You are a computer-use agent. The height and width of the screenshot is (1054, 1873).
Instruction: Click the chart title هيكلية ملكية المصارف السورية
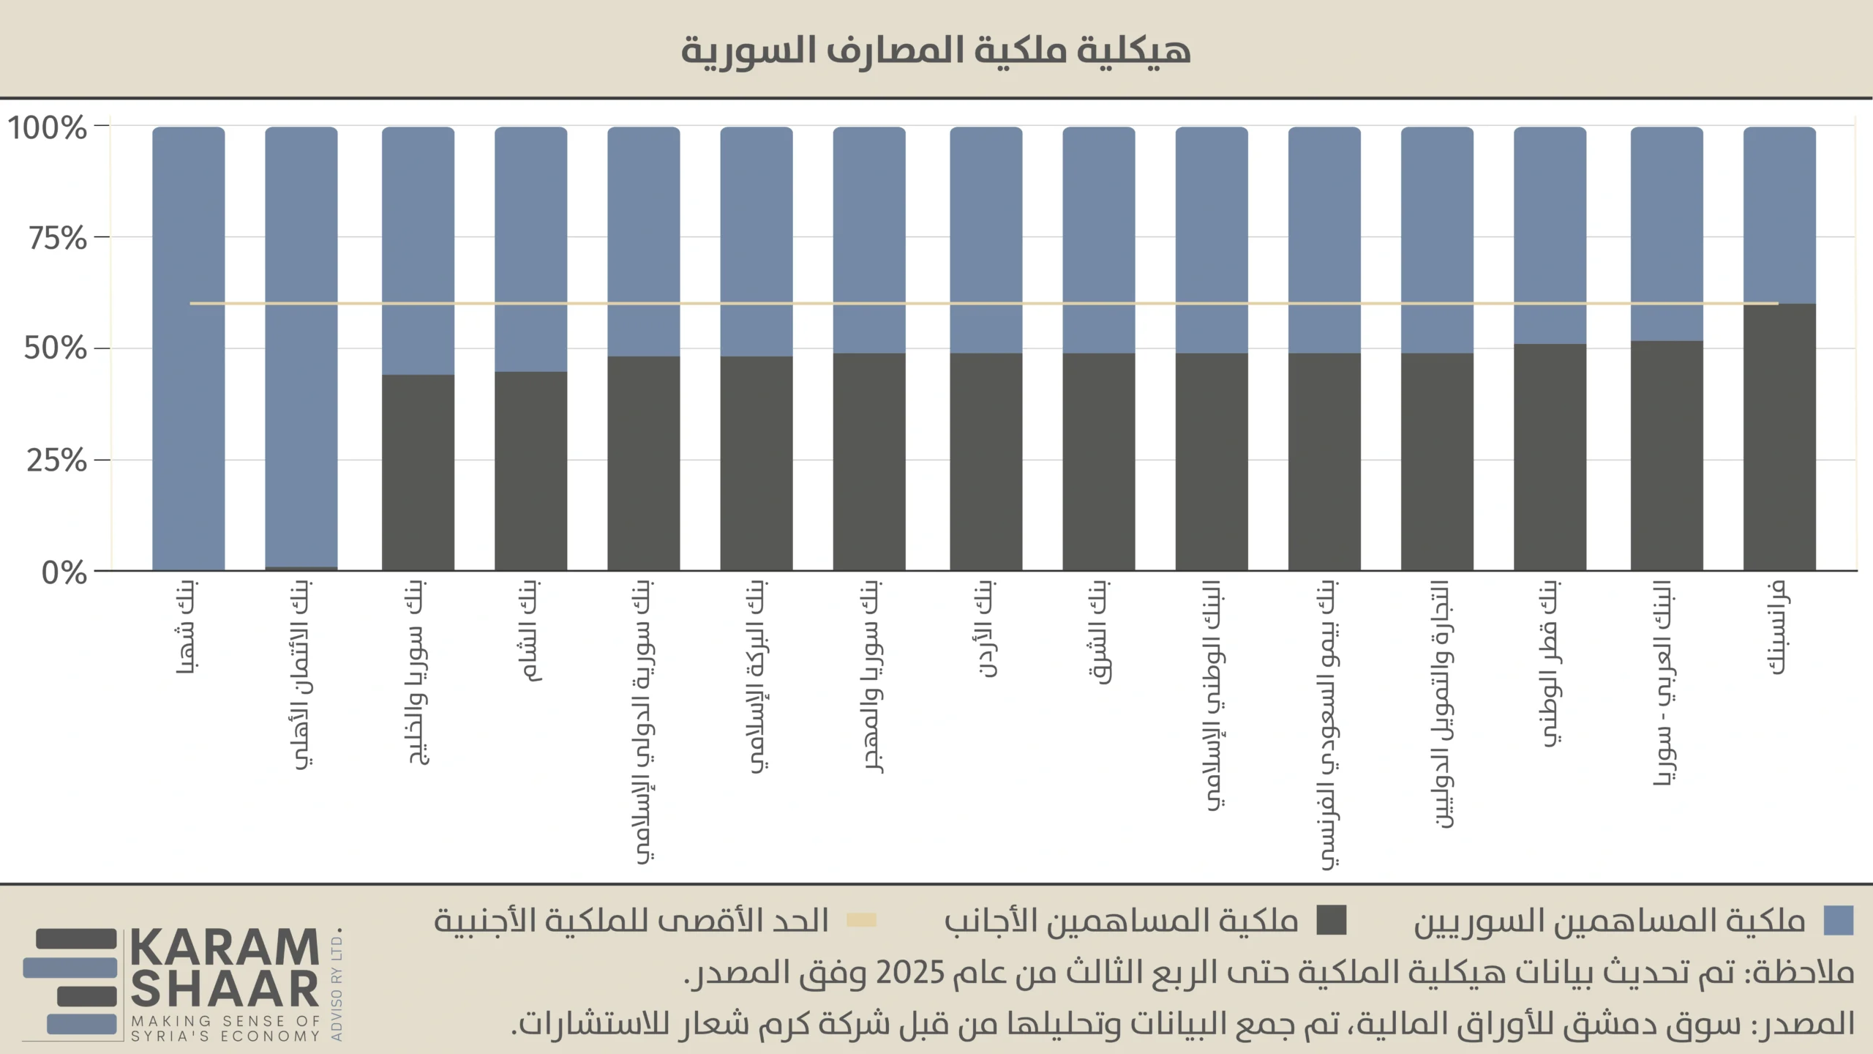click(x=936, y=50)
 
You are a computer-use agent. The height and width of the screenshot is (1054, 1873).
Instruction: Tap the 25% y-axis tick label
click(x=56, y=461)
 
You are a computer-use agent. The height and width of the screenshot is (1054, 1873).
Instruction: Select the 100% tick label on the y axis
click(x=48, y=128)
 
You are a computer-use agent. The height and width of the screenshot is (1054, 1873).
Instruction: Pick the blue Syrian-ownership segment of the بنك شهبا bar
click(x=188, y=348)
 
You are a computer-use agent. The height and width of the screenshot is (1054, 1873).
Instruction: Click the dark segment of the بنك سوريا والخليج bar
click(x=418, y=472)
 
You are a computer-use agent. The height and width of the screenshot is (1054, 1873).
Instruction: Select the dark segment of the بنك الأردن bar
click(x=986, y=461)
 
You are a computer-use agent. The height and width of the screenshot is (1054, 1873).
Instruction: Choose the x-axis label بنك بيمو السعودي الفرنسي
click(x=1328, y=725)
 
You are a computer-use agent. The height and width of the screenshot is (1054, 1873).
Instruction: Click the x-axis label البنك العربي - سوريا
click(x=1664, y=684)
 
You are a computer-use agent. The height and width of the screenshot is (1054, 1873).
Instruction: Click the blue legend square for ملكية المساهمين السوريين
click(x=1839, y=921)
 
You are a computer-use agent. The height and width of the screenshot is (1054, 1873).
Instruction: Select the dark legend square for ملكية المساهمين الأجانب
click(x=1331, y=921)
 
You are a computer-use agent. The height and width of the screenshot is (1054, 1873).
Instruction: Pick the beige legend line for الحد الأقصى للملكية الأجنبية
click(x=861, y=921)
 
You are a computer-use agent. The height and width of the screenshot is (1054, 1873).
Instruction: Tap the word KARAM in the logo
click(x=225, y=949)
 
